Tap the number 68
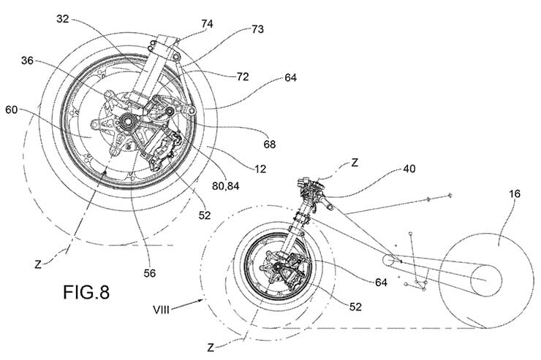tap(270, 144)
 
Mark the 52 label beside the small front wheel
tap(355, 307)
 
